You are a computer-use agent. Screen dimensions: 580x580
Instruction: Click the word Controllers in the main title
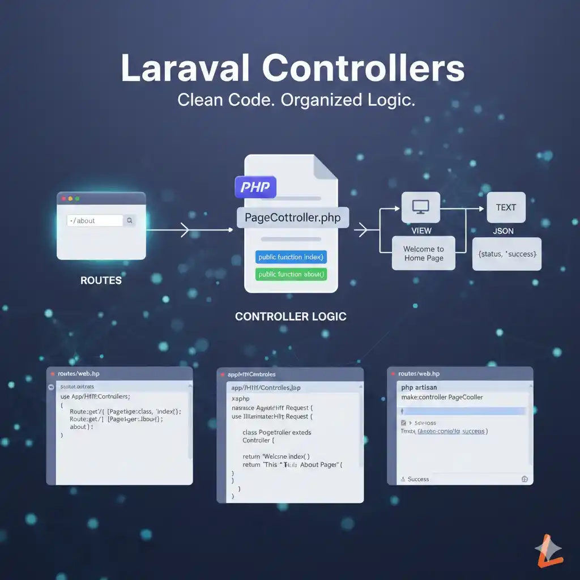click(363, 69)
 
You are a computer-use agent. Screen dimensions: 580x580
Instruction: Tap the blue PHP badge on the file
click(255, 186)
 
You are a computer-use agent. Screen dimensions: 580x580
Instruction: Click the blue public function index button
click(291, 257)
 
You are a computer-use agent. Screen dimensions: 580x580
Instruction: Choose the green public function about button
click(291, 275)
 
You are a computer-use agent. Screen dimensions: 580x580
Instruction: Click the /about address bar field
click(94, 220)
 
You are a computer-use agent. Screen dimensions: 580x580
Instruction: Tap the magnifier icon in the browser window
click(130, 220)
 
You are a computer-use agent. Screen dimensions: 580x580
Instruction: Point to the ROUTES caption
click(101, 280)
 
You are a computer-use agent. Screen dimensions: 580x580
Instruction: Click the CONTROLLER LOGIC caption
click(291, 317)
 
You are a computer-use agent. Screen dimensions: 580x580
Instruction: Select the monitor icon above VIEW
click(421, 207)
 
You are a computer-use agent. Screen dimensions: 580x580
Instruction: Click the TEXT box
click(506, 207)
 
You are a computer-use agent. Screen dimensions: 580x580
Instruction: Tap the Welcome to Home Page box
click(424, 253)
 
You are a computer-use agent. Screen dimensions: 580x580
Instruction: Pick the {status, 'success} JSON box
click(506, 254)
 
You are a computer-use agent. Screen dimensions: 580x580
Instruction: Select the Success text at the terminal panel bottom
click(418, 479)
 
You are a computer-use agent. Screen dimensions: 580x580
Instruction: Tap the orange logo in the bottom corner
click(549, 551)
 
